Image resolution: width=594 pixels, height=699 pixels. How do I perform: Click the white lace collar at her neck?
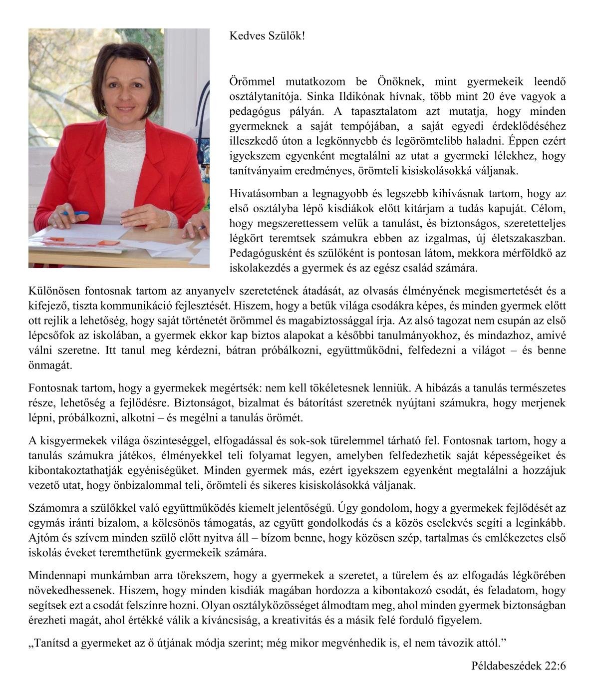(124, 131)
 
